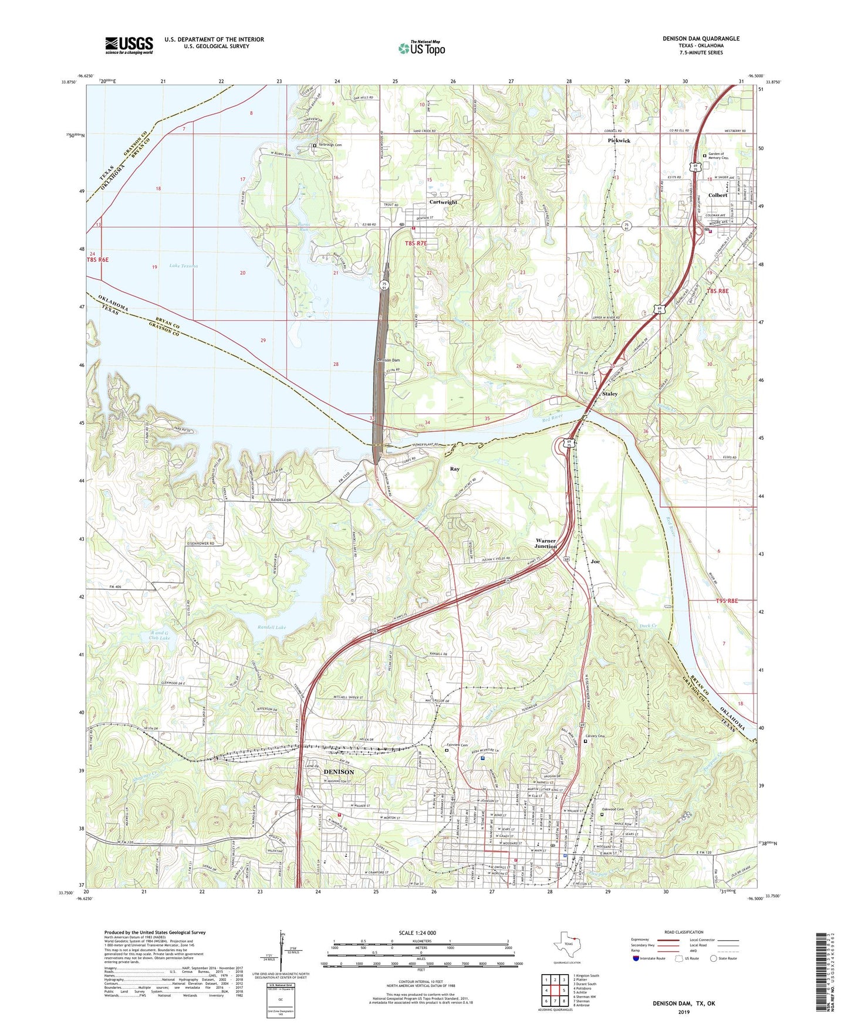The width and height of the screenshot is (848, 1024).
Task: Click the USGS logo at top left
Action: [x=129, y=45]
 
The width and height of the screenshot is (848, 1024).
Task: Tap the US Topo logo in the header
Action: [x=421, y=48]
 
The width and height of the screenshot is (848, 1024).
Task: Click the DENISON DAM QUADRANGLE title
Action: [x=701, y=39]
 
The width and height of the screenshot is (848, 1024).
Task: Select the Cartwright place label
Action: [x=443, y=202]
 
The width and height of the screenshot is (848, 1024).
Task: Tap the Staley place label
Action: [x=610, y=394]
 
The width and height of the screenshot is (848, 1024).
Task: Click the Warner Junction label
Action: [x=546, y=543]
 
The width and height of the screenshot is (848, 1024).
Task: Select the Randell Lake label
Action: [x=272, y=628]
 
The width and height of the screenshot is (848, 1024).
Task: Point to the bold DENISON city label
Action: [x=339, y=772]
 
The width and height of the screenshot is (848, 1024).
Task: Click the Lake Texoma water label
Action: [x=183, y=266]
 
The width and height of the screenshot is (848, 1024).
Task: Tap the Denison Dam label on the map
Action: [x=388, y=360]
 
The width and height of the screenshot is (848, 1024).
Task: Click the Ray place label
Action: [x=454, y=469]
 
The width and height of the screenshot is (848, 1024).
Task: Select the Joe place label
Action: [x=595, y=562]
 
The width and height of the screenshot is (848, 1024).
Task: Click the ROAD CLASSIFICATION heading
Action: [x=683, y=932]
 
